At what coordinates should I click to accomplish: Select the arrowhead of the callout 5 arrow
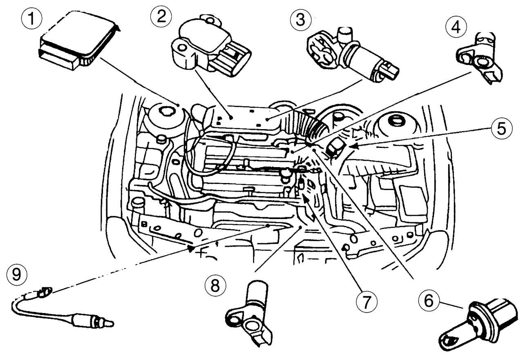352,145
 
